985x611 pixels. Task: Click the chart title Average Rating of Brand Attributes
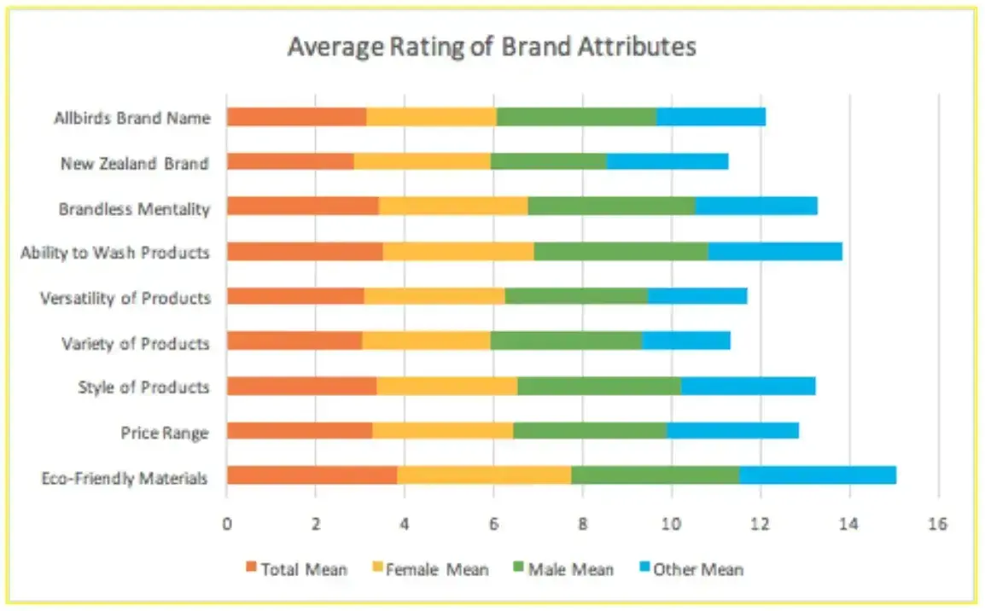pyautogui.click(x=492, y=46)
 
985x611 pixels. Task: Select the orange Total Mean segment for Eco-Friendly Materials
pyautogui.click(x=312, y=475)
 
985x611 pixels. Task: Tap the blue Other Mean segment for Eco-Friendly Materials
pyautogui.click(x=817, y=475)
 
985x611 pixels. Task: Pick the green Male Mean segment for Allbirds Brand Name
pyautogui.click(x=576, y=117)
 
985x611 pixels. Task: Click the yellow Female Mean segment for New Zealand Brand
pyautogui.click(x=422, y=161)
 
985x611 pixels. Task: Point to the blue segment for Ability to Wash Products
pyautogui.click(x=775, y=251)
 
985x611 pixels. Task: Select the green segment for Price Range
pyautogui.click(x=589, y=430)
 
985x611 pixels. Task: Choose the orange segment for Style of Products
pyautogui.click(x=301, y=386)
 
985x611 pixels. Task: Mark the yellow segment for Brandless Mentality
pyautogui.click(x=452, y=207)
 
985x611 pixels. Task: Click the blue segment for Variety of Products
pyautogui.click(x=685, y=340)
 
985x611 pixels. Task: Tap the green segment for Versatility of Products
pyautogui.click(x=576, y=296)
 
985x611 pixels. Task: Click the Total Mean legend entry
pyautogui.click(x=296, y=569)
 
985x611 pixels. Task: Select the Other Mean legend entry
pyautogui.click(x=691, y=569)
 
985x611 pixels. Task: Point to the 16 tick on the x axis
pyautogui.click(x=937, y=524)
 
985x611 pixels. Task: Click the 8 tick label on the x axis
pyautogui.click(x=582, y=524)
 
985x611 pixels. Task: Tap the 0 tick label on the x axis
pyautogui.click(x=227, y=524)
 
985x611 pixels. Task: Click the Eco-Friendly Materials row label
pyautogui.click(x=125, y=478)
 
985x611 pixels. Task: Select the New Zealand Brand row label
pyautogui.click(x=134, y=163)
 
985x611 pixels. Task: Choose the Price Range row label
pyautogui.click(x=164, y=433)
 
